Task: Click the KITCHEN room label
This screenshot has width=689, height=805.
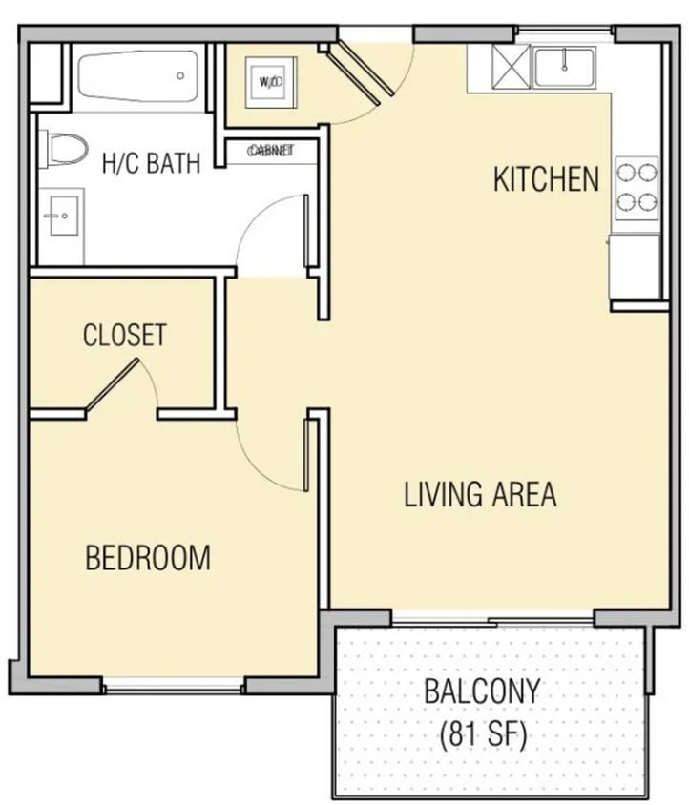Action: tap(546, 178)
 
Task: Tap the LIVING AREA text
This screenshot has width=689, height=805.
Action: tap(480, 494)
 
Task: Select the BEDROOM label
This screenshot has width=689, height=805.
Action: tap(148, 557)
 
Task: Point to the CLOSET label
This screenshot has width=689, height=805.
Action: tap(124, 335)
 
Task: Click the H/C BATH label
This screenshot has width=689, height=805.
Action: tap(151, 163)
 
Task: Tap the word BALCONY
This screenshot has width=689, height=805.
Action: tap(482, 691)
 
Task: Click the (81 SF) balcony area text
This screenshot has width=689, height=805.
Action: tap(482, 735)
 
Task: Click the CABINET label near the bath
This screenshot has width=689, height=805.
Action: tap(270, 151)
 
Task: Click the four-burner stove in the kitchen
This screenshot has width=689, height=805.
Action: tap(637, 188)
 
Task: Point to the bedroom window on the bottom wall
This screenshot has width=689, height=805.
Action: tap(174, 684)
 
